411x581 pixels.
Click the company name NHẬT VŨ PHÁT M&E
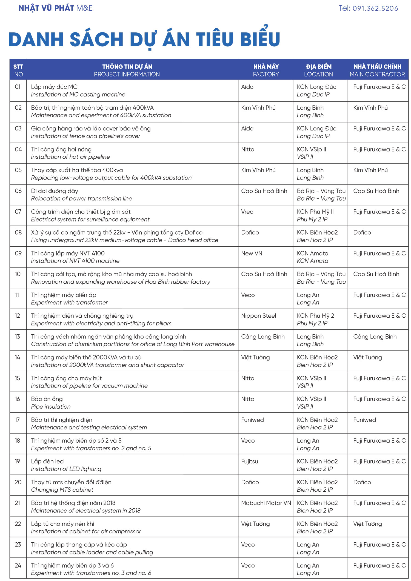coord(56,8)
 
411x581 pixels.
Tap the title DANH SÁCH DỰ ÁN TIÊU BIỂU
coord(144,39)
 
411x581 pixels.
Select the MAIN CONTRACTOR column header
coord(377,70)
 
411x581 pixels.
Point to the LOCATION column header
coord(318,70)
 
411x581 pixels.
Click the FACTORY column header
coord(266,70)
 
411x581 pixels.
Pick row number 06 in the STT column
coord(18,191)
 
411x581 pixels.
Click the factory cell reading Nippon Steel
coord(258,316)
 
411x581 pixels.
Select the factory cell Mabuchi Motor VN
coord(266,503)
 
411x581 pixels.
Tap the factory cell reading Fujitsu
coord(249,461)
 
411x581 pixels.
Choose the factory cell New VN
coord(252,253)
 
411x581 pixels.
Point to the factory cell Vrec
coord(247,212)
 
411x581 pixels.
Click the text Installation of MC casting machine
coord(78,95)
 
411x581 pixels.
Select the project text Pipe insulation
coord(51,407)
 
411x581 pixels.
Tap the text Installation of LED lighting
coord(66,469)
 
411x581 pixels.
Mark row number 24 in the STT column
coord(18,565)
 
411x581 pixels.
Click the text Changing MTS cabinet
coord(62,490)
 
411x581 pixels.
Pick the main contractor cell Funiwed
coord(364,420)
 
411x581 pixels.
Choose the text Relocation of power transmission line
coord(81,198)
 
